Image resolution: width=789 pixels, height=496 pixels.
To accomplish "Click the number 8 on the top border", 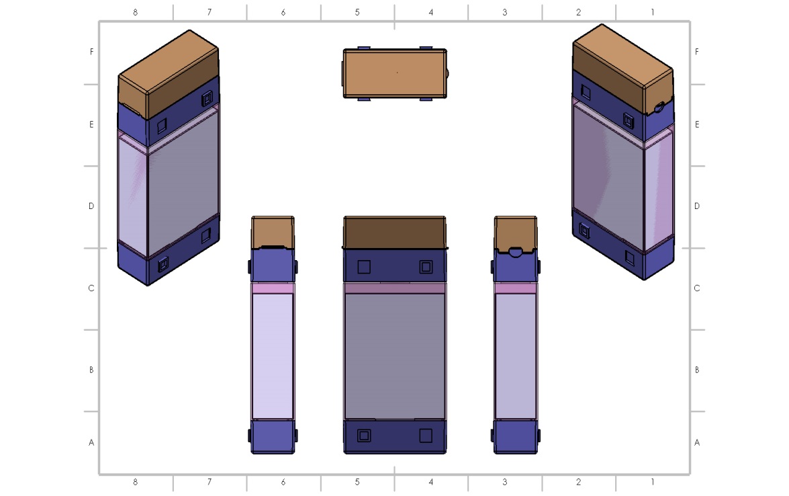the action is tap(136, 12).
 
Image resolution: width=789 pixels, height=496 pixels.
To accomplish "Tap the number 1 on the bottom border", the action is tap(653, 482).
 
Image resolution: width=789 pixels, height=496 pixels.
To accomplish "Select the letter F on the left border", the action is tap(91, 51).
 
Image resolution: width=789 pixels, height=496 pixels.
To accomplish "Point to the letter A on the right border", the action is tap(697, 442).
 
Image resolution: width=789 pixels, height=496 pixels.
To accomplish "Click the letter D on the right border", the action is tap(697, 206).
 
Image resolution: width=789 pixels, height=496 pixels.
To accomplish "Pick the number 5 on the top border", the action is tap(357, 12).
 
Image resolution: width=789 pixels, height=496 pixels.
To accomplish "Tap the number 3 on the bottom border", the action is tap(505, 482).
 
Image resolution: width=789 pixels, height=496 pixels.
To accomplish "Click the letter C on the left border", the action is tap(91, 288).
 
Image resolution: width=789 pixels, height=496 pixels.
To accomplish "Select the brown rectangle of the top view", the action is tap(395, 73).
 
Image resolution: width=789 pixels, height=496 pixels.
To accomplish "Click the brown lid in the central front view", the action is tap(395, 232).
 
